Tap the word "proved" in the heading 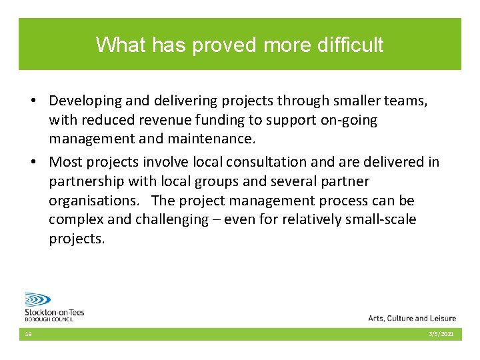(225, 45)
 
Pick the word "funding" (217, 121)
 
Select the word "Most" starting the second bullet (65, 162)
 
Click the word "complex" (75, 220)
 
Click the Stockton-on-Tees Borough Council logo (53, 307)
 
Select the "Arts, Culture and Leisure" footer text (411, 318)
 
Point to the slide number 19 (29, 334)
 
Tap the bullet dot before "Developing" (32, 101)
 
